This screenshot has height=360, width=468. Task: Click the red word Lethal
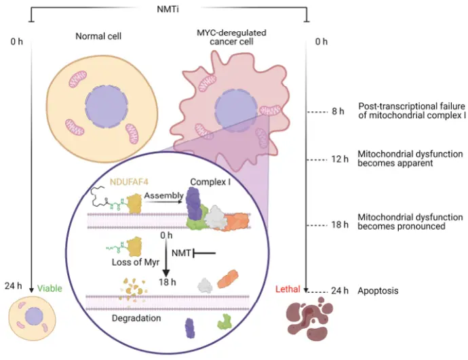(x=288, y=289)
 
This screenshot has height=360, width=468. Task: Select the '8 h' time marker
(x=338, y=111)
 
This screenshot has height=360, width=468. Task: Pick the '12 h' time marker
(x=336, y=161)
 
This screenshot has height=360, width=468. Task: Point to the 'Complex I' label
(x=208, y=182)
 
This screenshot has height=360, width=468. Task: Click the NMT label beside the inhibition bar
(x=180, y=254)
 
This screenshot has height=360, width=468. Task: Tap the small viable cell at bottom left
(x=31, y=318)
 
